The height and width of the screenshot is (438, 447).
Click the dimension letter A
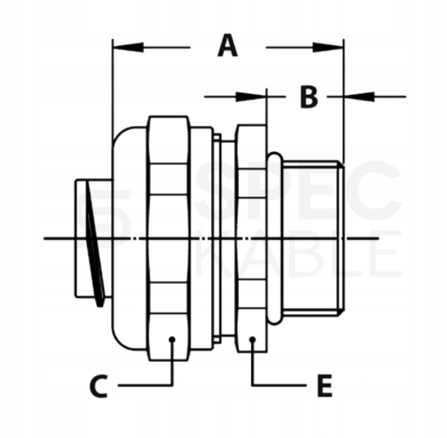click(x=228, y=46)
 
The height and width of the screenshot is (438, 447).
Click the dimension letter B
click(x=309, y=97)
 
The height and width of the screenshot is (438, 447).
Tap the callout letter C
click(x=99, y=386)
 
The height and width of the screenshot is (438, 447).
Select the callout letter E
click(x=325, y=386)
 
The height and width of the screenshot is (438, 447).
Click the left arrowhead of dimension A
click(x=128, y=48)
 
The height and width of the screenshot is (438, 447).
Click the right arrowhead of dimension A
click(x=328, y=48)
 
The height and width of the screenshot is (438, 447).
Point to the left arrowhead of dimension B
click(x=251, y=97)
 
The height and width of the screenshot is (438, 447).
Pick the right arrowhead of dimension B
click(x=359, y=97)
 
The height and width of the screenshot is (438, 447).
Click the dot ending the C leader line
click(x=172, y=339)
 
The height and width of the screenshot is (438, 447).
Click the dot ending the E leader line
click(x=252, y=339)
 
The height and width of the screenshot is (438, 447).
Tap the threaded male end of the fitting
click(x=313, y=239)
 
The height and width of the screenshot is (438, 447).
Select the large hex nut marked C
click(x=168, y=239)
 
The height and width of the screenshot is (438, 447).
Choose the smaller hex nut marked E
click(x=251, y=239)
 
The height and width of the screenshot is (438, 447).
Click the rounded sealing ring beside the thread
click(x=275, y=239)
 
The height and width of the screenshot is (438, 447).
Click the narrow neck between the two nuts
click(x=227, y=239)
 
